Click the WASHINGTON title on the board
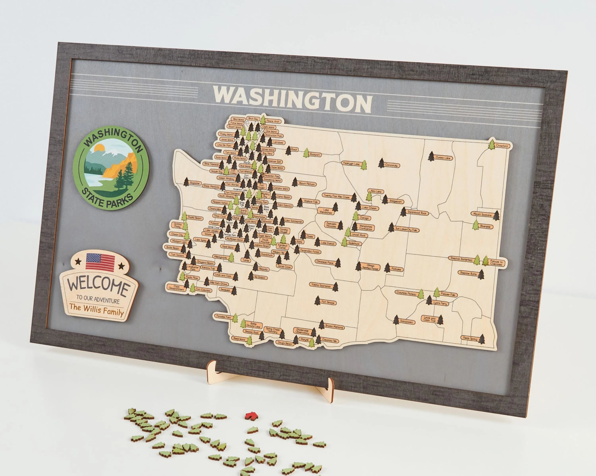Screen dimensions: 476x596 (x=292, y=100)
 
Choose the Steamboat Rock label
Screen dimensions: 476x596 (x=417, y=213)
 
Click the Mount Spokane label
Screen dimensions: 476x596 (x=482, y=214)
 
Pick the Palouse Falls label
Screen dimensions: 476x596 (x=448, y=295)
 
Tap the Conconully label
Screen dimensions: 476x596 (x=391, y=165)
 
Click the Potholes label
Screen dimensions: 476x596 (x=396, y=269)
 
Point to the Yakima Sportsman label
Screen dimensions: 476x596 (x=321, y=286)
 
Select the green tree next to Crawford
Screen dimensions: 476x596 (x=492, y=144)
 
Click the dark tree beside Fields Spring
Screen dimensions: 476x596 (x=482, y=339)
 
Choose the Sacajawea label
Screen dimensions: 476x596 (x=406, y=322)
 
